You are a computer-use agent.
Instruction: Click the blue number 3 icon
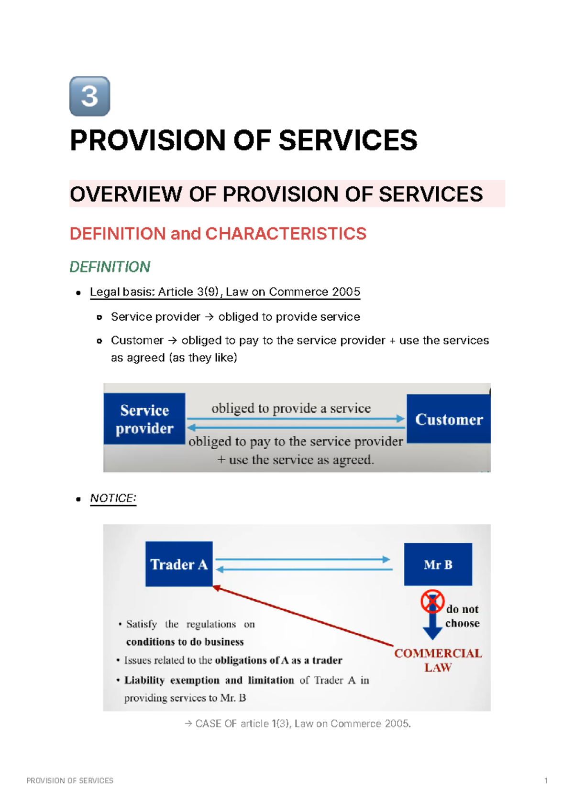tap(90, 96)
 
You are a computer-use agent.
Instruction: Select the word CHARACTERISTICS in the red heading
tap(286, 234)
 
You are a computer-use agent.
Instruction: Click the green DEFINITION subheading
tap(110, 267)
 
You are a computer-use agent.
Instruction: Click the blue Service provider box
tap(144, 419)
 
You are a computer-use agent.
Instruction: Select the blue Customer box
tap(449, 419)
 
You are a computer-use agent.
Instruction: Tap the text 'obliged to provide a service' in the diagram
tap(291, 408)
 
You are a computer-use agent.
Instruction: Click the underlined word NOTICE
tap(113, 498)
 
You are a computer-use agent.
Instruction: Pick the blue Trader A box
tap(179, 564)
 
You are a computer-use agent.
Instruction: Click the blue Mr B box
tap(438, 564)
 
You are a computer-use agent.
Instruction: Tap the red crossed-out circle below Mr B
tap(432, 601)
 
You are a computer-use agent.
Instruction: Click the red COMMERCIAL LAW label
tap(438, 660)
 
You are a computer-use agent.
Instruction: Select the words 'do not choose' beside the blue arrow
tap(462, 616)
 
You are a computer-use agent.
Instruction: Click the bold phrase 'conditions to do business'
tap(185, 642)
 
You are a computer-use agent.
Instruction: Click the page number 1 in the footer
tap(546, 780)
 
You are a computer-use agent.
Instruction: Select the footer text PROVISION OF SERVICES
tap(70, 780)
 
